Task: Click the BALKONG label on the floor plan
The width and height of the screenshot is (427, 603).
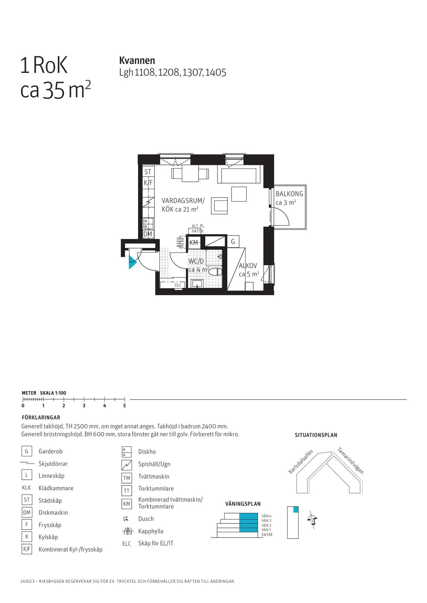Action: click(x=289, y=194)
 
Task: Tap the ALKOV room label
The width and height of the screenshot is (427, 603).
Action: click(x=248, y=266)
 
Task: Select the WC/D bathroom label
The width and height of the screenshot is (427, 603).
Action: click(x=196, y=261)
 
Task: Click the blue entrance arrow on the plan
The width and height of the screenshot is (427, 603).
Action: click(x=132, y=262)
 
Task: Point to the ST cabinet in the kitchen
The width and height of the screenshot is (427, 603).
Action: click(x=148, y=172)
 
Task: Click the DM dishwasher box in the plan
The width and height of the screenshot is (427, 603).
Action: click(x=148, y=234)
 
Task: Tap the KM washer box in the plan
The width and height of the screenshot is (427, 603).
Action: click(x=194, y=242)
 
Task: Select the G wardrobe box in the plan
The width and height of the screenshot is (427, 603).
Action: click(x=233, y=242)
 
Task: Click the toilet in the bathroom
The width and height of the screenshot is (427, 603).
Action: click(x=215, y=272)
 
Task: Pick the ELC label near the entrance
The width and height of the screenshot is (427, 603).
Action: click(x=178, y=285)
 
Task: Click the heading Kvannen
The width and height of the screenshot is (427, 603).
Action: click(x=137, y=60)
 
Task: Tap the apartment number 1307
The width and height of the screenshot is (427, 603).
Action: click(x=192, y=73)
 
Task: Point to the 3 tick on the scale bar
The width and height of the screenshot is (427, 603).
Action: click(x=84, y=400)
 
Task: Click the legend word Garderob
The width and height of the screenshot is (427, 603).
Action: click(x=51, y=451)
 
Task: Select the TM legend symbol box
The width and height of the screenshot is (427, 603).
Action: click(x=127, y=478)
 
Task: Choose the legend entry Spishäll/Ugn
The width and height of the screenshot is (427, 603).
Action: click(x=154, y=464)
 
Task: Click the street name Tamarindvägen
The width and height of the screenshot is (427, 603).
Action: click(x=350, y=460)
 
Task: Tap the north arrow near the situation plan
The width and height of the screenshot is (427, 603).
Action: click(x=312, y=520)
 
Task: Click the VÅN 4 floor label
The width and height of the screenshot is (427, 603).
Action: click(x=266, y=516)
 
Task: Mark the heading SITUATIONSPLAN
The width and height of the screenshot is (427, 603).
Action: click(x=316, y=435)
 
